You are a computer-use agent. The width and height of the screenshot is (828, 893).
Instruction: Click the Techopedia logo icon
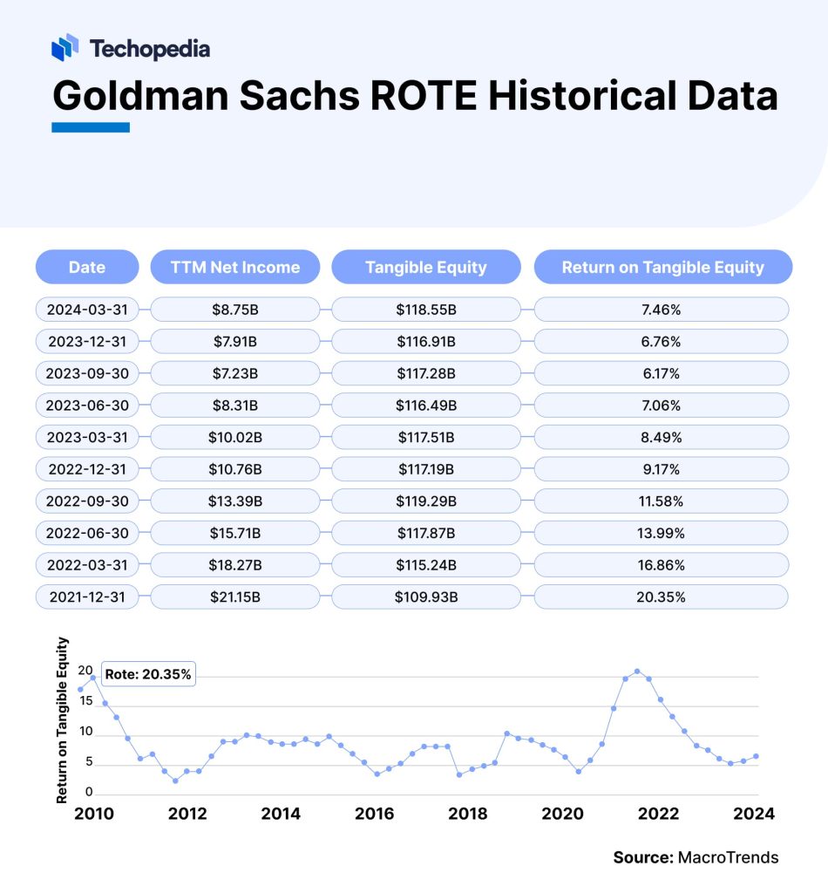coord(65,48)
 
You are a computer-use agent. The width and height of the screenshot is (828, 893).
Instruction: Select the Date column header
coord(86,267)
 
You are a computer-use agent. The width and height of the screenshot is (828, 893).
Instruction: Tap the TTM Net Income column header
coord(234,267)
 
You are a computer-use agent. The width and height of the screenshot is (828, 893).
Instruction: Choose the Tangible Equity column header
coord(425,267)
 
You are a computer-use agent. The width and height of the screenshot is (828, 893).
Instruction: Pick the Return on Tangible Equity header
coord(662,267)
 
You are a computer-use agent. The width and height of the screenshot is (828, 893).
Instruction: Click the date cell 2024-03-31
coord(86,310)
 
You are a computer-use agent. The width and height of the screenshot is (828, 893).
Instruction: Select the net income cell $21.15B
coord(234,597)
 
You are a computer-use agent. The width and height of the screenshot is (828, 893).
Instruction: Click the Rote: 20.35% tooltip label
coord(147,674)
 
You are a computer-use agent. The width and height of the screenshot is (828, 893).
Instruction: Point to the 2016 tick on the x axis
coord(375,814)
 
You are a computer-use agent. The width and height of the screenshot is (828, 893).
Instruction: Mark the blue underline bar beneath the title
coord(91,127)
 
